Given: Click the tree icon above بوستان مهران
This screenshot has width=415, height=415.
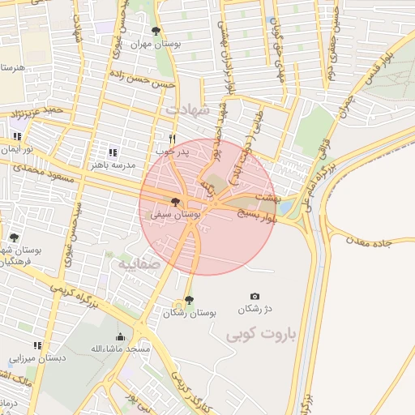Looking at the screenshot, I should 156,31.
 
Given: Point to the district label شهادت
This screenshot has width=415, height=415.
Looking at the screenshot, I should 187,108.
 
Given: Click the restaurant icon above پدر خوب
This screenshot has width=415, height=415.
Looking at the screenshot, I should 172,139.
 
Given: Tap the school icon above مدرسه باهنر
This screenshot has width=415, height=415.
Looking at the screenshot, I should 113,152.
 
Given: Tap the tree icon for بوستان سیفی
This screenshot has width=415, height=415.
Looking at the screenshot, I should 175,202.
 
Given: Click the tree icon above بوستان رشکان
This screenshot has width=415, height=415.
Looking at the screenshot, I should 189,300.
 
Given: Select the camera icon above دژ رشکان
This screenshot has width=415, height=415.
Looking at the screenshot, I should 255,297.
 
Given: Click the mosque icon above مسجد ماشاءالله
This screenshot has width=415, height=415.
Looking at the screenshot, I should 121,336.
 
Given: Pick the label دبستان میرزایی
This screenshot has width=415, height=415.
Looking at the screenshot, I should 37,357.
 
